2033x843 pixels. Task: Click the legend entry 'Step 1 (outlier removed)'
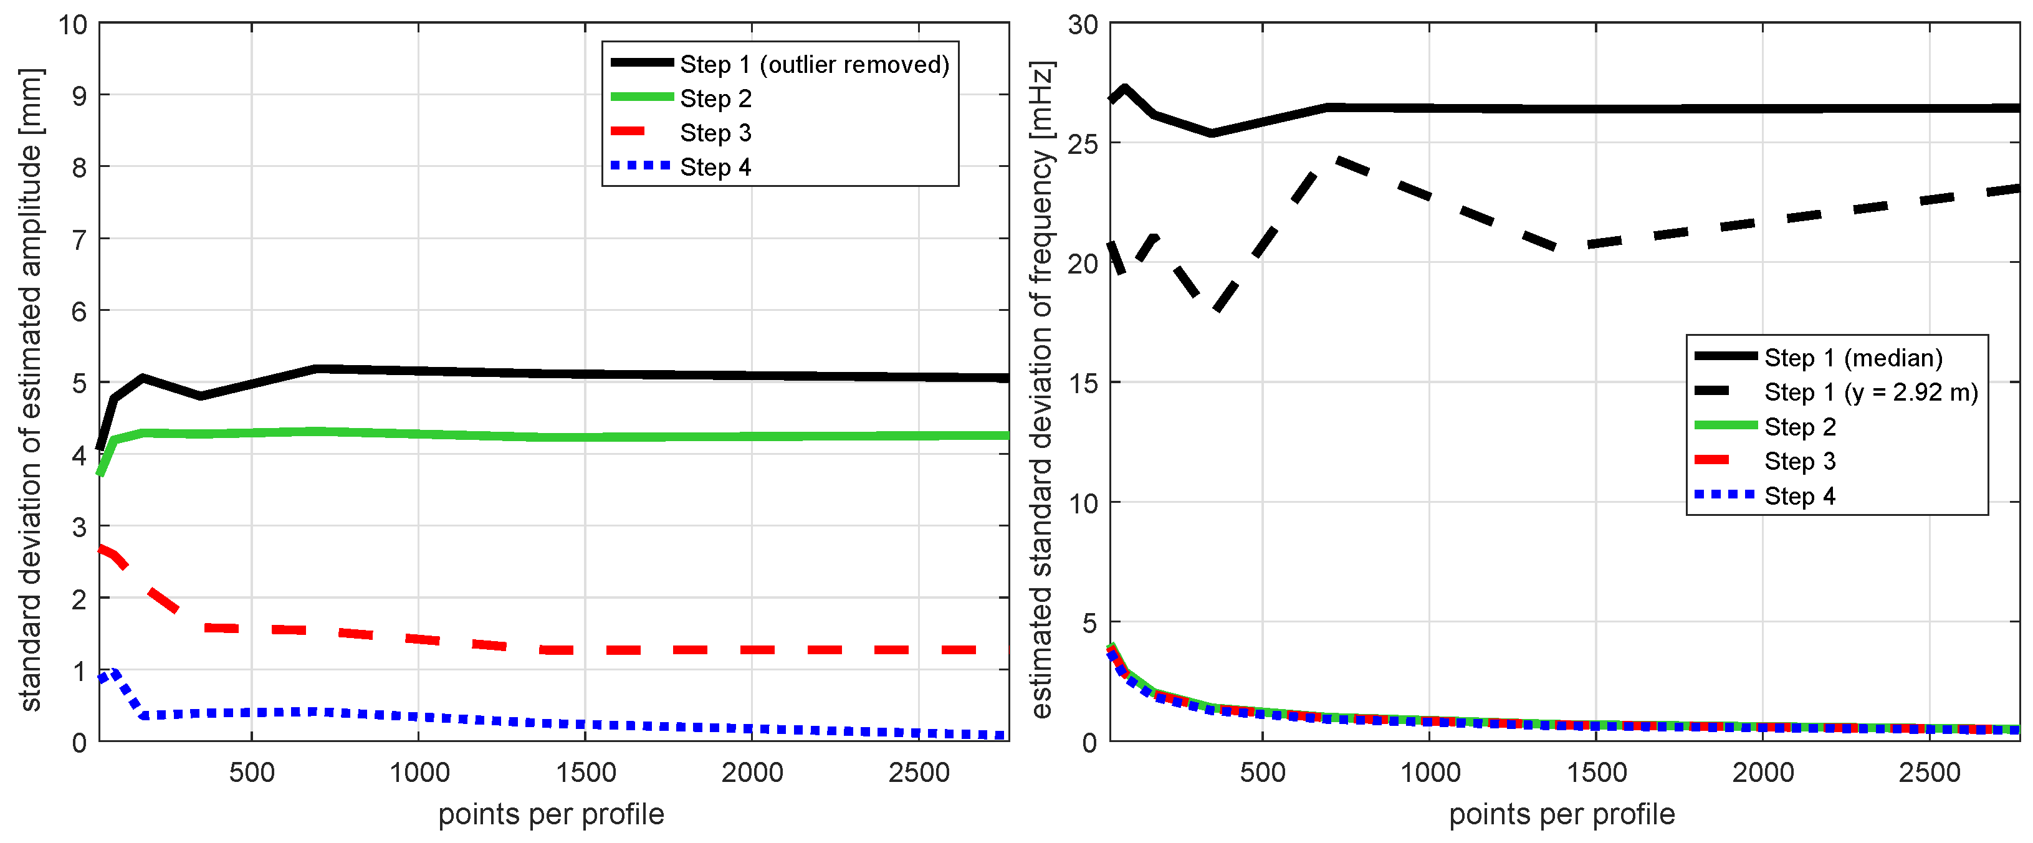click(x=814, y=65)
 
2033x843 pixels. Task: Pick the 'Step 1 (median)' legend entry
click(x=1853, y=358)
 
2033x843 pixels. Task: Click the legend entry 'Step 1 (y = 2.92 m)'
click(x=1870, y=393)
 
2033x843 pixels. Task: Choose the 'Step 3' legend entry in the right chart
click(x=1799, y=461)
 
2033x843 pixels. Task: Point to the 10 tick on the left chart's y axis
click(x=72, y=24)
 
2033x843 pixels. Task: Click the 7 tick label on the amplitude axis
click(x=79, y=239)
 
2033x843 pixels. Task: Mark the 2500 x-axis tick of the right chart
click(x=1930, y=773)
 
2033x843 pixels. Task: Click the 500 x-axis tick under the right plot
click(x=1263, y=773)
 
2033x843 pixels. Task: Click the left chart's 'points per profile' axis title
click(x=551, y=814)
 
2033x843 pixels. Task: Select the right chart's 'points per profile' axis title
click(x=1562, y=814)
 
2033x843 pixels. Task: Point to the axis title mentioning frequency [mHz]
click(x=1042, y=389)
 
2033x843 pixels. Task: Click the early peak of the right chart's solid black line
click(x=1124, y=88)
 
